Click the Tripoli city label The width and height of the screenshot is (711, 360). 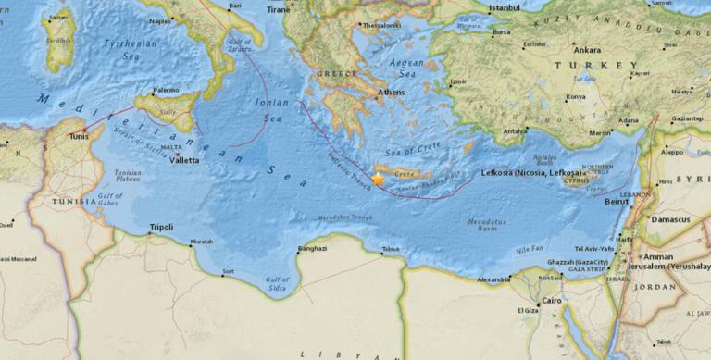coord(161,227)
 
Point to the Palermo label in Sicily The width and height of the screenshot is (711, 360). coord(167,91)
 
